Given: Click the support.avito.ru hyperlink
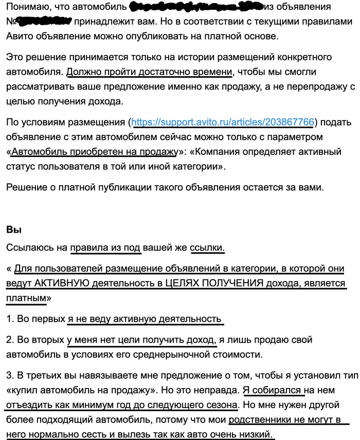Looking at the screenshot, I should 223,122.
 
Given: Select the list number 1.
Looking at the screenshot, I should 9,319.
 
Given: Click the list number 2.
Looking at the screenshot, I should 9,340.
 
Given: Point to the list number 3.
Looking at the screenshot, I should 9,376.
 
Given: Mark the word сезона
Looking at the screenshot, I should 222,404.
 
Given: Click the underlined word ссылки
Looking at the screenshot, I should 207,248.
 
